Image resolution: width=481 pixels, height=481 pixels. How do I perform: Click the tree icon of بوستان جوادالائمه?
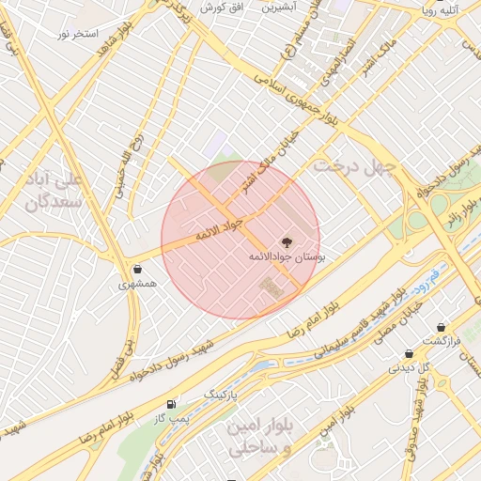click(287, 241)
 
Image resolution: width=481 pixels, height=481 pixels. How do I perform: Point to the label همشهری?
click(138, 283)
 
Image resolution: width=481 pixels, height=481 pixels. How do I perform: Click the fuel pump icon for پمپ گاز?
click(171, 404)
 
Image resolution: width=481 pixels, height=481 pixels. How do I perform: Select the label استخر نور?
click(77, 34)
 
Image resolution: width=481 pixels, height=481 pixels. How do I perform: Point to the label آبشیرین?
click(279, 7)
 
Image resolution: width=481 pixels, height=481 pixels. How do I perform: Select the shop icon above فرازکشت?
click(442, 327)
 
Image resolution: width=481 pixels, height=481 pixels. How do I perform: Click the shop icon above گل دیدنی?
click(409, 354)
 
